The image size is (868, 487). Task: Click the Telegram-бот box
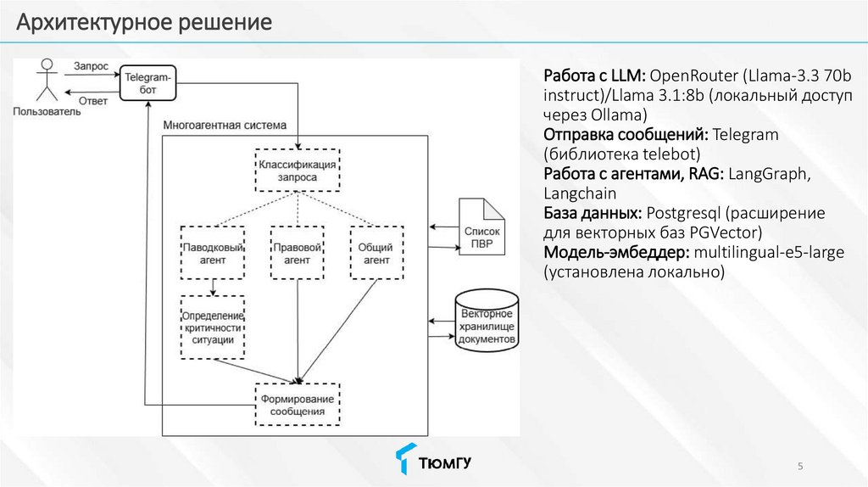tap(147, 83)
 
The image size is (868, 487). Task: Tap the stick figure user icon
tap(47, 80)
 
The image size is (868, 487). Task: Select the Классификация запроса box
tap(298, 171)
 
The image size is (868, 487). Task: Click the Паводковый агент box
tap(213, 253)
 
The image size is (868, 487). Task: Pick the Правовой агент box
tap(298, 253)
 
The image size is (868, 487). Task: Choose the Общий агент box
tap(376, 253)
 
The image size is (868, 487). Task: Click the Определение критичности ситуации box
tap(213, 327)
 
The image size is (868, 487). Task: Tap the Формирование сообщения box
tap(298, 405)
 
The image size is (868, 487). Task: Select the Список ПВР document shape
tap(481, 227)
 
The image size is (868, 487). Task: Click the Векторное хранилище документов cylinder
tap(487, 321)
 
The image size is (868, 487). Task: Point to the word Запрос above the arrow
tap(92, 66)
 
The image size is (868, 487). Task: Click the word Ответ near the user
tap(93, 101)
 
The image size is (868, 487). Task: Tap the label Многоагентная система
tap(225, 126)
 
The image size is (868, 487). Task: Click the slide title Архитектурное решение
tap(144, 22)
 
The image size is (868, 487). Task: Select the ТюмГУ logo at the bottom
tap(433, 459)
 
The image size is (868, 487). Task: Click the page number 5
tap(800, 466)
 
